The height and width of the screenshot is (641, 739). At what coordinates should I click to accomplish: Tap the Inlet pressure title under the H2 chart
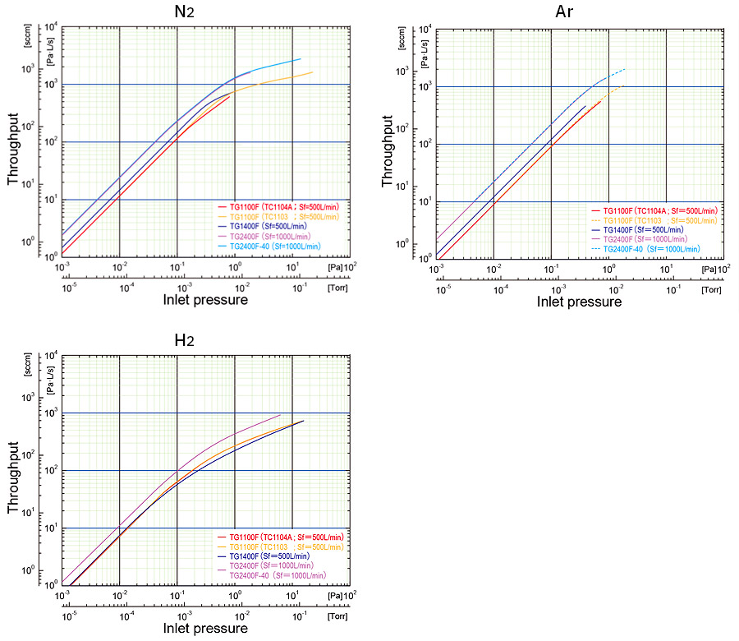[205, 629]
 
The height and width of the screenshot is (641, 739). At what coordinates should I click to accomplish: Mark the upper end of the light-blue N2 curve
[301, 58]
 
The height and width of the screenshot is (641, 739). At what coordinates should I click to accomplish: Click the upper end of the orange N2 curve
[312, 72]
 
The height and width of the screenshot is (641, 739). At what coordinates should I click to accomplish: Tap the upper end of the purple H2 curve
[280, 415]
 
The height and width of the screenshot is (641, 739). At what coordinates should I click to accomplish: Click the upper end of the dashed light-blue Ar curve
[625, 69]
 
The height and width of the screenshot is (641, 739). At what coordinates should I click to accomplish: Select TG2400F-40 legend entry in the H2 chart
[272, 574]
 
